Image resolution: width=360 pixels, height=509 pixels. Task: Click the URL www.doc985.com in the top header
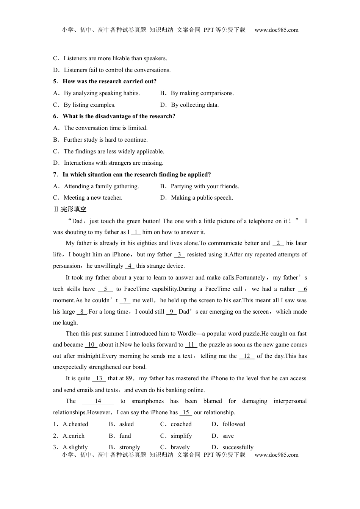[276, 30]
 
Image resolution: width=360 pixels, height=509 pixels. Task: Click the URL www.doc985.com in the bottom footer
[276, 455]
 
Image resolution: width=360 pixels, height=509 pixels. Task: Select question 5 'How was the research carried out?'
[109, 81]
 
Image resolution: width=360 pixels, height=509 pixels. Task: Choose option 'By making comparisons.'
[202, 93]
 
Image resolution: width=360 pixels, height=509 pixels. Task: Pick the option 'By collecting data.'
[195, 105]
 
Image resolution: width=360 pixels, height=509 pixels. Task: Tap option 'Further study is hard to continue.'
[105, 140]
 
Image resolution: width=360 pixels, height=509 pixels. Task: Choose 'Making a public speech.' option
[202, 198]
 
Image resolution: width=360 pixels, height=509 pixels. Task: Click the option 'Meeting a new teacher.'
[93, 198]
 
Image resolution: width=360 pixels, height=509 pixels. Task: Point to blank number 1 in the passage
[136, 232]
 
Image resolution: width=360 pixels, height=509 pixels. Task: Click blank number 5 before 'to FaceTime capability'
[105, 289]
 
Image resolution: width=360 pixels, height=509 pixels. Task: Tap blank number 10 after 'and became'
[91, 345]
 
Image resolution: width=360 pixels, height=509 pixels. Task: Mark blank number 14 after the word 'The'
[98, 401]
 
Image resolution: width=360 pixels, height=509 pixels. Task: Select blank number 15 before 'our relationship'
[186, 412]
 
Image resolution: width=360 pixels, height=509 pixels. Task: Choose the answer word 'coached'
[181, 424]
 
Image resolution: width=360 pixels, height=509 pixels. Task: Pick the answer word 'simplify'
[181, 436]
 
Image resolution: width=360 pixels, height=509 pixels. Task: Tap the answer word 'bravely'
[180, 447]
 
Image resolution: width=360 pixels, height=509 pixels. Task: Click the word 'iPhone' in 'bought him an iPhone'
[121, 254]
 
